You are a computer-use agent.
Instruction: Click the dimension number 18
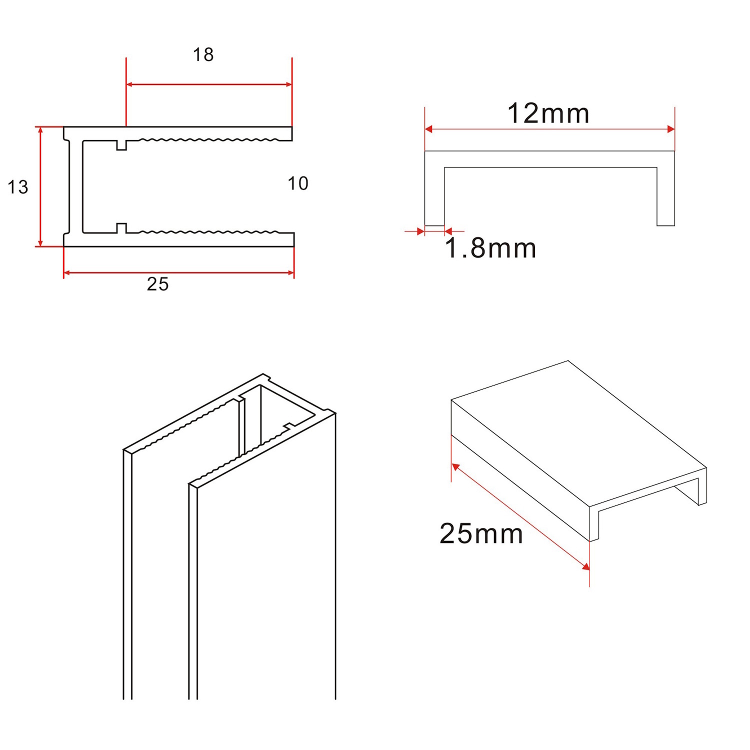click(x=203, y=54)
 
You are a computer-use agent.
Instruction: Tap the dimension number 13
click(x=18, y=187)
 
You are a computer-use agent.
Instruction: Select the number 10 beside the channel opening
click(x=298, y=183)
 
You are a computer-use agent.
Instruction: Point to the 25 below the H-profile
click(x=157, y=284)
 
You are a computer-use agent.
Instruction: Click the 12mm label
click(x=548, y=113)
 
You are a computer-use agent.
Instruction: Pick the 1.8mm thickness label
click(x=490, y=248)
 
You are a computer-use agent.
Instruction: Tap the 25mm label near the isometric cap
click(x=481, y=533)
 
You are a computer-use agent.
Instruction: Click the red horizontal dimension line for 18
click(x=209, y=84)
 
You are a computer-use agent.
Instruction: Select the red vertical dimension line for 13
click(x=40, y=186)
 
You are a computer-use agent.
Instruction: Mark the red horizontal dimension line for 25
click(x=178, y=273)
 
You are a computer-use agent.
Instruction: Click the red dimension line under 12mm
click(x=549, y=129)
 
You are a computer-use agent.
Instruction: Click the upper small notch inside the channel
click(x=121, y=145)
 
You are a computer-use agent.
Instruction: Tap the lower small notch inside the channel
click(x=121, y=228)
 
